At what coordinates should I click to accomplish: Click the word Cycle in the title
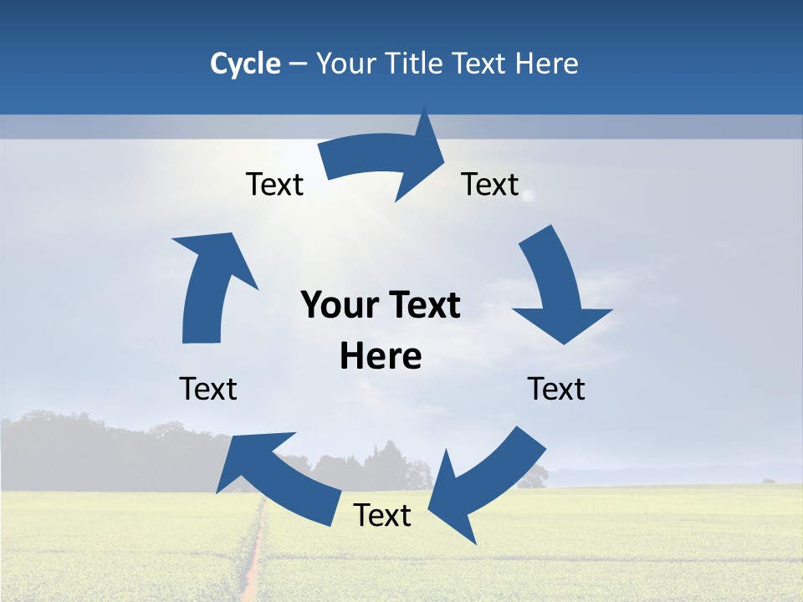pyautogui.click(x=245, y=64)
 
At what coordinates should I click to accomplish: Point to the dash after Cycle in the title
pyautogui.click(x=299, y=64)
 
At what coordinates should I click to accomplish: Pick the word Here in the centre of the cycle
pyautogui.click(x=381, y=357)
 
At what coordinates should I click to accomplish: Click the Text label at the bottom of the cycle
pyautogui.click(x=382, y=516)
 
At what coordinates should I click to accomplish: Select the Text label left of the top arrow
pyautogui.click(x=274, y=184)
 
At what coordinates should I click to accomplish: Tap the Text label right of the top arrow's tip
pyautogui.click(x=490, y=184)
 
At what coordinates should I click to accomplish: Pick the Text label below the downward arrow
pyautogui.click(x=556, y=389)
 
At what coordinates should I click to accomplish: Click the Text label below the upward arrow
pyautogui.click(x=208, y=389)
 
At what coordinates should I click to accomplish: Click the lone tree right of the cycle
pyautogui.click(x=533, y=477)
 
